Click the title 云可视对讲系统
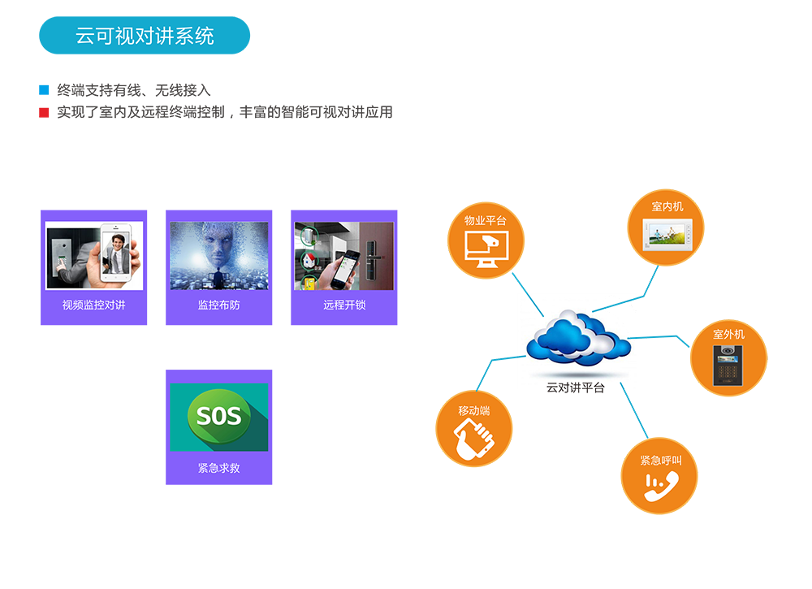pyautogui.click(x=145, y=37)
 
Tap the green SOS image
pyautogui.click(x=218, y=417)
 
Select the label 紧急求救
pyautogui.click(x=218, y=468)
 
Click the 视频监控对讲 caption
pyautogui.click(x=93, y=305)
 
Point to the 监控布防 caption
pyautogui.click(x=218, y=305)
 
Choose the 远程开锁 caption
pyautogui.click(x=343, y=305)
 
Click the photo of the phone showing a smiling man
pyautogui.click(x=94, y=256)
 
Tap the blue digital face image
pyautogui.click(x=218, y=256)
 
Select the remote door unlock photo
pyautogui.click(x=343, y=256)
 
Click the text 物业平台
pyautogui.click(x=485, y=221)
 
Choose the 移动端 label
pyautogui.click(x=474, y=411)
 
